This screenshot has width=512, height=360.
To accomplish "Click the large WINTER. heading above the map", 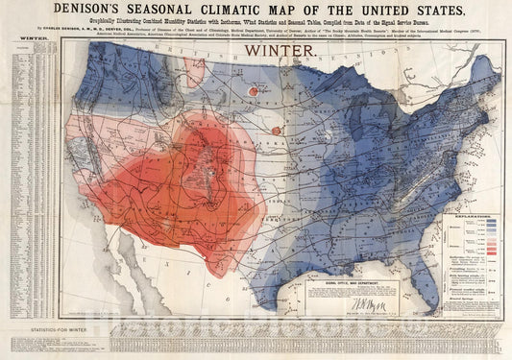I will point(275,48).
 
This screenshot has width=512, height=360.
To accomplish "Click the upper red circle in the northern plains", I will point(254,91).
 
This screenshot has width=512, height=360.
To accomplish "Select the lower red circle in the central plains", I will point(277,130).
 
